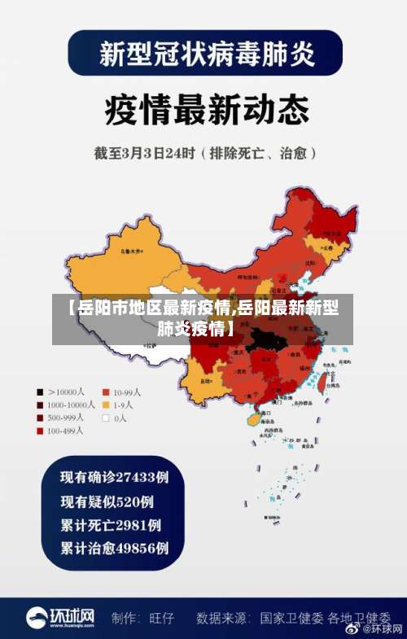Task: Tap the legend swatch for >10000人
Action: point(40,392)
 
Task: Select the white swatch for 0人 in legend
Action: point(105,418)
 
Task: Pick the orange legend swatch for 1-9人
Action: point(105,405)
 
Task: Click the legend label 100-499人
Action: point(65,431)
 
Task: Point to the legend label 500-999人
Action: point(65,418)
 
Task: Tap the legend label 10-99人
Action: point(127,392)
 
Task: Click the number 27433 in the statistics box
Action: point(135,475)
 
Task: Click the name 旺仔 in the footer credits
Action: point(162,618)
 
